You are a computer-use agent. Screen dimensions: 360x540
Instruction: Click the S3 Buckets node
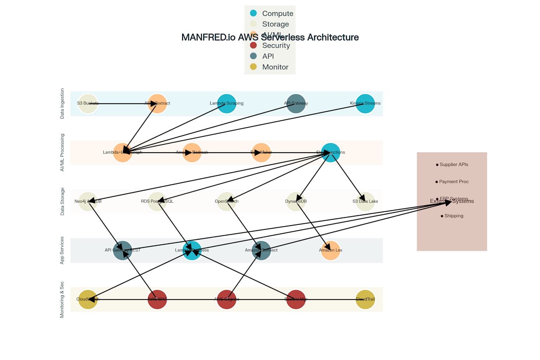pos(88,103)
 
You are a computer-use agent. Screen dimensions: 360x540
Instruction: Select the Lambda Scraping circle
pos(226,103)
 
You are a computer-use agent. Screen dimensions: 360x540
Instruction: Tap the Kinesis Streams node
pos(365,103)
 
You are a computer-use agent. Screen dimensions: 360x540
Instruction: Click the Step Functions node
pos(330,153)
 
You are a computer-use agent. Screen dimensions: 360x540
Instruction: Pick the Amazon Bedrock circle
pos(192,153)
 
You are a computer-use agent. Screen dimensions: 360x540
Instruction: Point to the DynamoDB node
pos(296,201)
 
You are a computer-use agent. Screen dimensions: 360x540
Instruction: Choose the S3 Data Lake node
pos(365,201)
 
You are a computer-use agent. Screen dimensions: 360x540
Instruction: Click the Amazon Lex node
pos(330,250)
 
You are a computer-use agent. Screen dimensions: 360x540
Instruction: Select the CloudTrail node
pos(365,299)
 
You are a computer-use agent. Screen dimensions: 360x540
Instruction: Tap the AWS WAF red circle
pos(157,299)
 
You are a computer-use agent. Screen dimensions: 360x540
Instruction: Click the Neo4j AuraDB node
pos(88,201)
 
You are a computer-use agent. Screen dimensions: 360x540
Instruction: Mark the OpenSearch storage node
pos(226,201)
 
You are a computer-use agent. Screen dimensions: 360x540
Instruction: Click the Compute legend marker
pos(253,13)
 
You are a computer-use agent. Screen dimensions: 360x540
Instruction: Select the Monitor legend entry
pos(275,67)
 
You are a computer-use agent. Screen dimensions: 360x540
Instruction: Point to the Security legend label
pos(276,46)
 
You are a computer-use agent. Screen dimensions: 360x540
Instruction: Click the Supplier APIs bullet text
pos(454,165)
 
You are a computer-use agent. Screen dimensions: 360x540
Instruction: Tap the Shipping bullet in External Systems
pos(454,216)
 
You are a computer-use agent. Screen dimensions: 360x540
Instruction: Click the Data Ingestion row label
pos(62,103)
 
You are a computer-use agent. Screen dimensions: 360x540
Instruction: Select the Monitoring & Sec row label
pos(62,299)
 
